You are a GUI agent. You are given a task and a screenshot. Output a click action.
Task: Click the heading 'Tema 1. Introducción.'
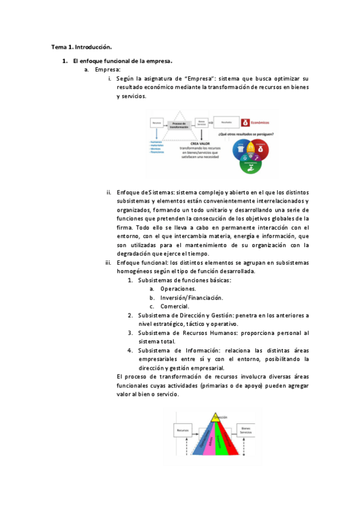(81, 46)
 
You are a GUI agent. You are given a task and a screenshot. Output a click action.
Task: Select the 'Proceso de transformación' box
(180, 124)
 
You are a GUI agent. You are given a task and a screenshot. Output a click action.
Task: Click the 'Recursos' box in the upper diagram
(157, 122)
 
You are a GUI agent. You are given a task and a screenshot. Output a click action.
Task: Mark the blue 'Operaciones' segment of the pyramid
(198, 442)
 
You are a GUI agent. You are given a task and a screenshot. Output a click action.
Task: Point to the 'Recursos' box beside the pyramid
(183, 430)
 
